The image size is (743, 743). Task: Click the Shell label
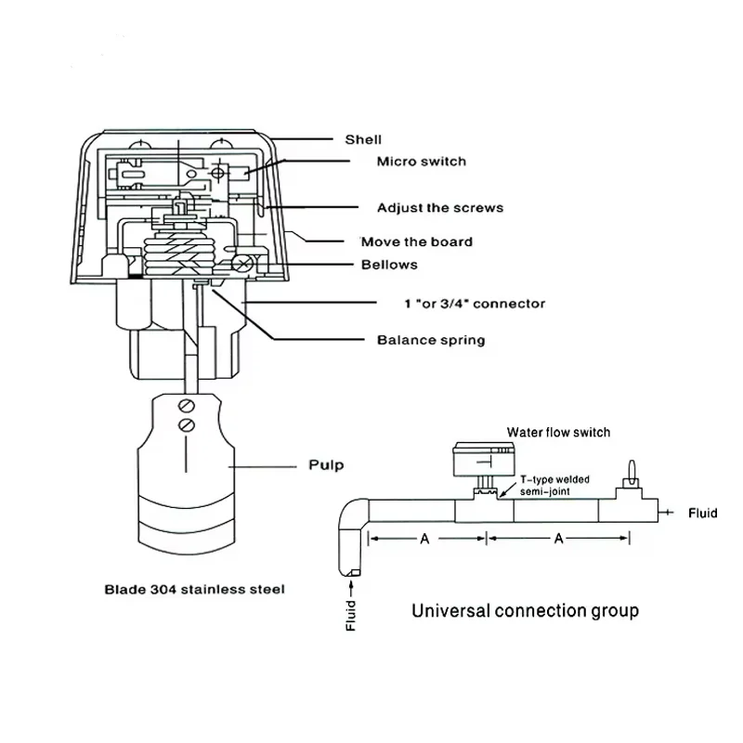tap(363, 139)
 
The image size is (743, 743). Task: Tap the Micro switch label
tap(421, 162)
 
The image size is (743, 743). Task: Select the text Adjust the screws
tap(439, 208)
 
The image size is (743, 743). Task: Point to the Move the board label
tap(416, 241)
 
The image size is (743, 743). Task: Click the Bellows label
tap(389, 265)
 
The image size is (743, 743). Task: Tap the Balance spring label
tap(431, 340)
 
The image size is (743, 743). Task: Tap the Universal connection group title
tap(525, 610)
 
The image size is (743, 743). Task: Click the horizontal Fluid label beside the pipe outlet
tap(702, 513)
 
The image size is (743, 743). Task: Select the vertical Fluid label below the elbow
tap(349, 614)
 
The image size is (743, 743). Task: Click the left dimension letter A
tap(423, 539)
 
